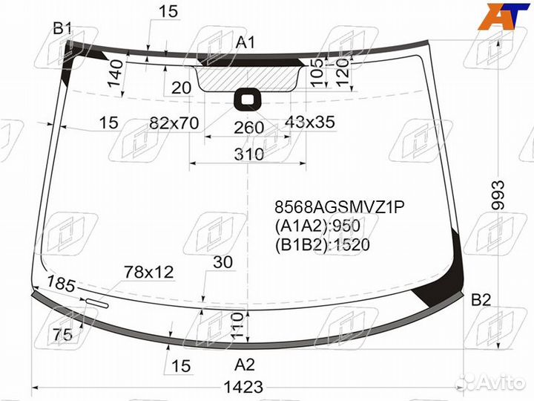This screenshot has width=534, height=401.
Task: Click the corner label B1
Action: (x=62, y=29)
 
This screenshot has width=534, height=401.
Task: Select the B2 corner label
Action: (x=481, y=300)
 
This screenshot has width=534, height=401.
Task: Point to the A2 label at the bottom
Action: (x=245, y=364)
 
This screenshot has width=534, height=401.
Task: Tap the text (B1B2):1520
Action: (x=322, y=244)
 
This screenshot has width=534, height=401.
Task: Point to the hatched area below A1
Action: (x=249, y=77)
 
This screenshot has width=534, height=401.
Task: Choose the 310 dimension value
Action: (x=249, y=154)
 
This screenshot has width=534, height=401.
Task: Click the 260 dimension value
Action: (x=248, y=128)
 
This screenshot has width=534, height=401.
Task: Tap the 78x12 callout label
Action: (x=148, y=273)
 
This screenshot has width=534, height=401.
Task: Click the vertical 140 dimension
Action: (x=115, y=75)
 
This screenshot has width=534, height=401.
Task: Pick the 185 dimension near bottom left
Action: (x=62, y=283)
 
